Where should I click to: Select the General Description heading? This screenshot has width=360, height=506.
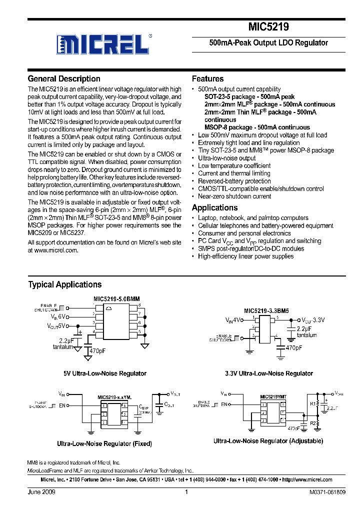(64, 79)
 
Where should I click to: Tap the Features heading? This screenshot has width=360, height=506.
(207, 79)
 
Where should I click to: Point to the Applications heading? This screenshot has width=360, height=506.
(214, 207)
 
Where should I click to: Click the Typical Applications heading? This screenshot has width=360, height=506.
(64, 284)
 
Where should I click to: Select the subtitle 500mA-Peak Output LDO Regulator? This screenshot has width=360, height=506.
(268, 43)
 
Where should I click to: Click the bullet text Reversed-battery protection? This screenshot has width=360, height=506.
(234, 181)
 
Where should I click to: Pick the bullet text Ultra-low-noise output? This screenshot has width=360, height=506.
(226, 158)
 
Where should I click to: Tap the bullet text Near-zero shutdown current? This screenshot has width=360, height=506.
(234, 196)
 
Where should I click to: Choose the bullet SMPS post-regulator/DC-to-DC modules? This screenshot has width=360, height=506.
(250, 248)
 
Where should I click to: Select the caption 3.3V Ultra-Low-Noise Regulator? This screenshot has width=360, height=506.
(268, 373)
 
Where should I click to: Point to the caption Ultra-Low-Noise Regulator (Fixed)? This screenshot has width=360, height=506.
(104, 443)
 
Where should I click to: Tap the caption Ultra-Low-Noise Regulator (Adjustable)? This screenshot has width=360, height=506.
(268, 441)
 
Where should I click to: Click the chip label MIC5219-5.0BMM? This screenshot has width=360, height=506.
(116, 299)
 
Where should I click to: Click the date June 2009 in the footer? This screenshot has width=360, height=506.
(41, 492)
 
